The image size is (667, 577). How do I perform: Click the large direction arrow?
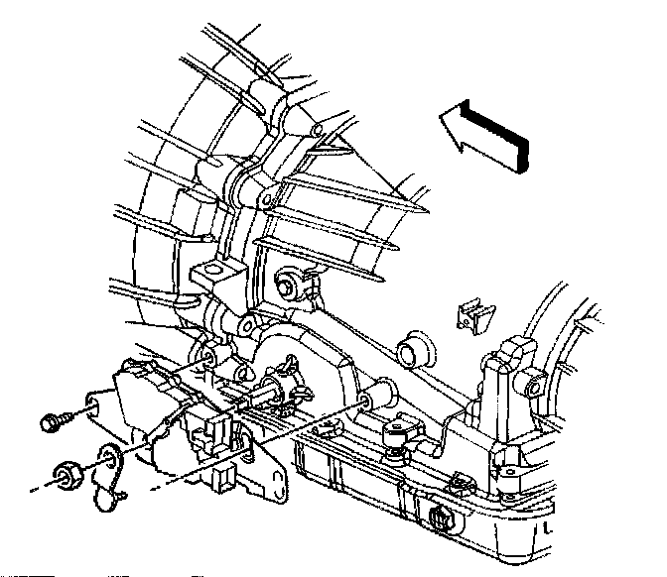tap(486, 136)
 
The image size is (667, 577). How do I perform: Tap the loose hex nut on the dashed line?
tap(69, 475)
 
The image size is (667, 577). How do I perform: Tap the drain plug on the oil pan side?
tap(439, 518)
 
